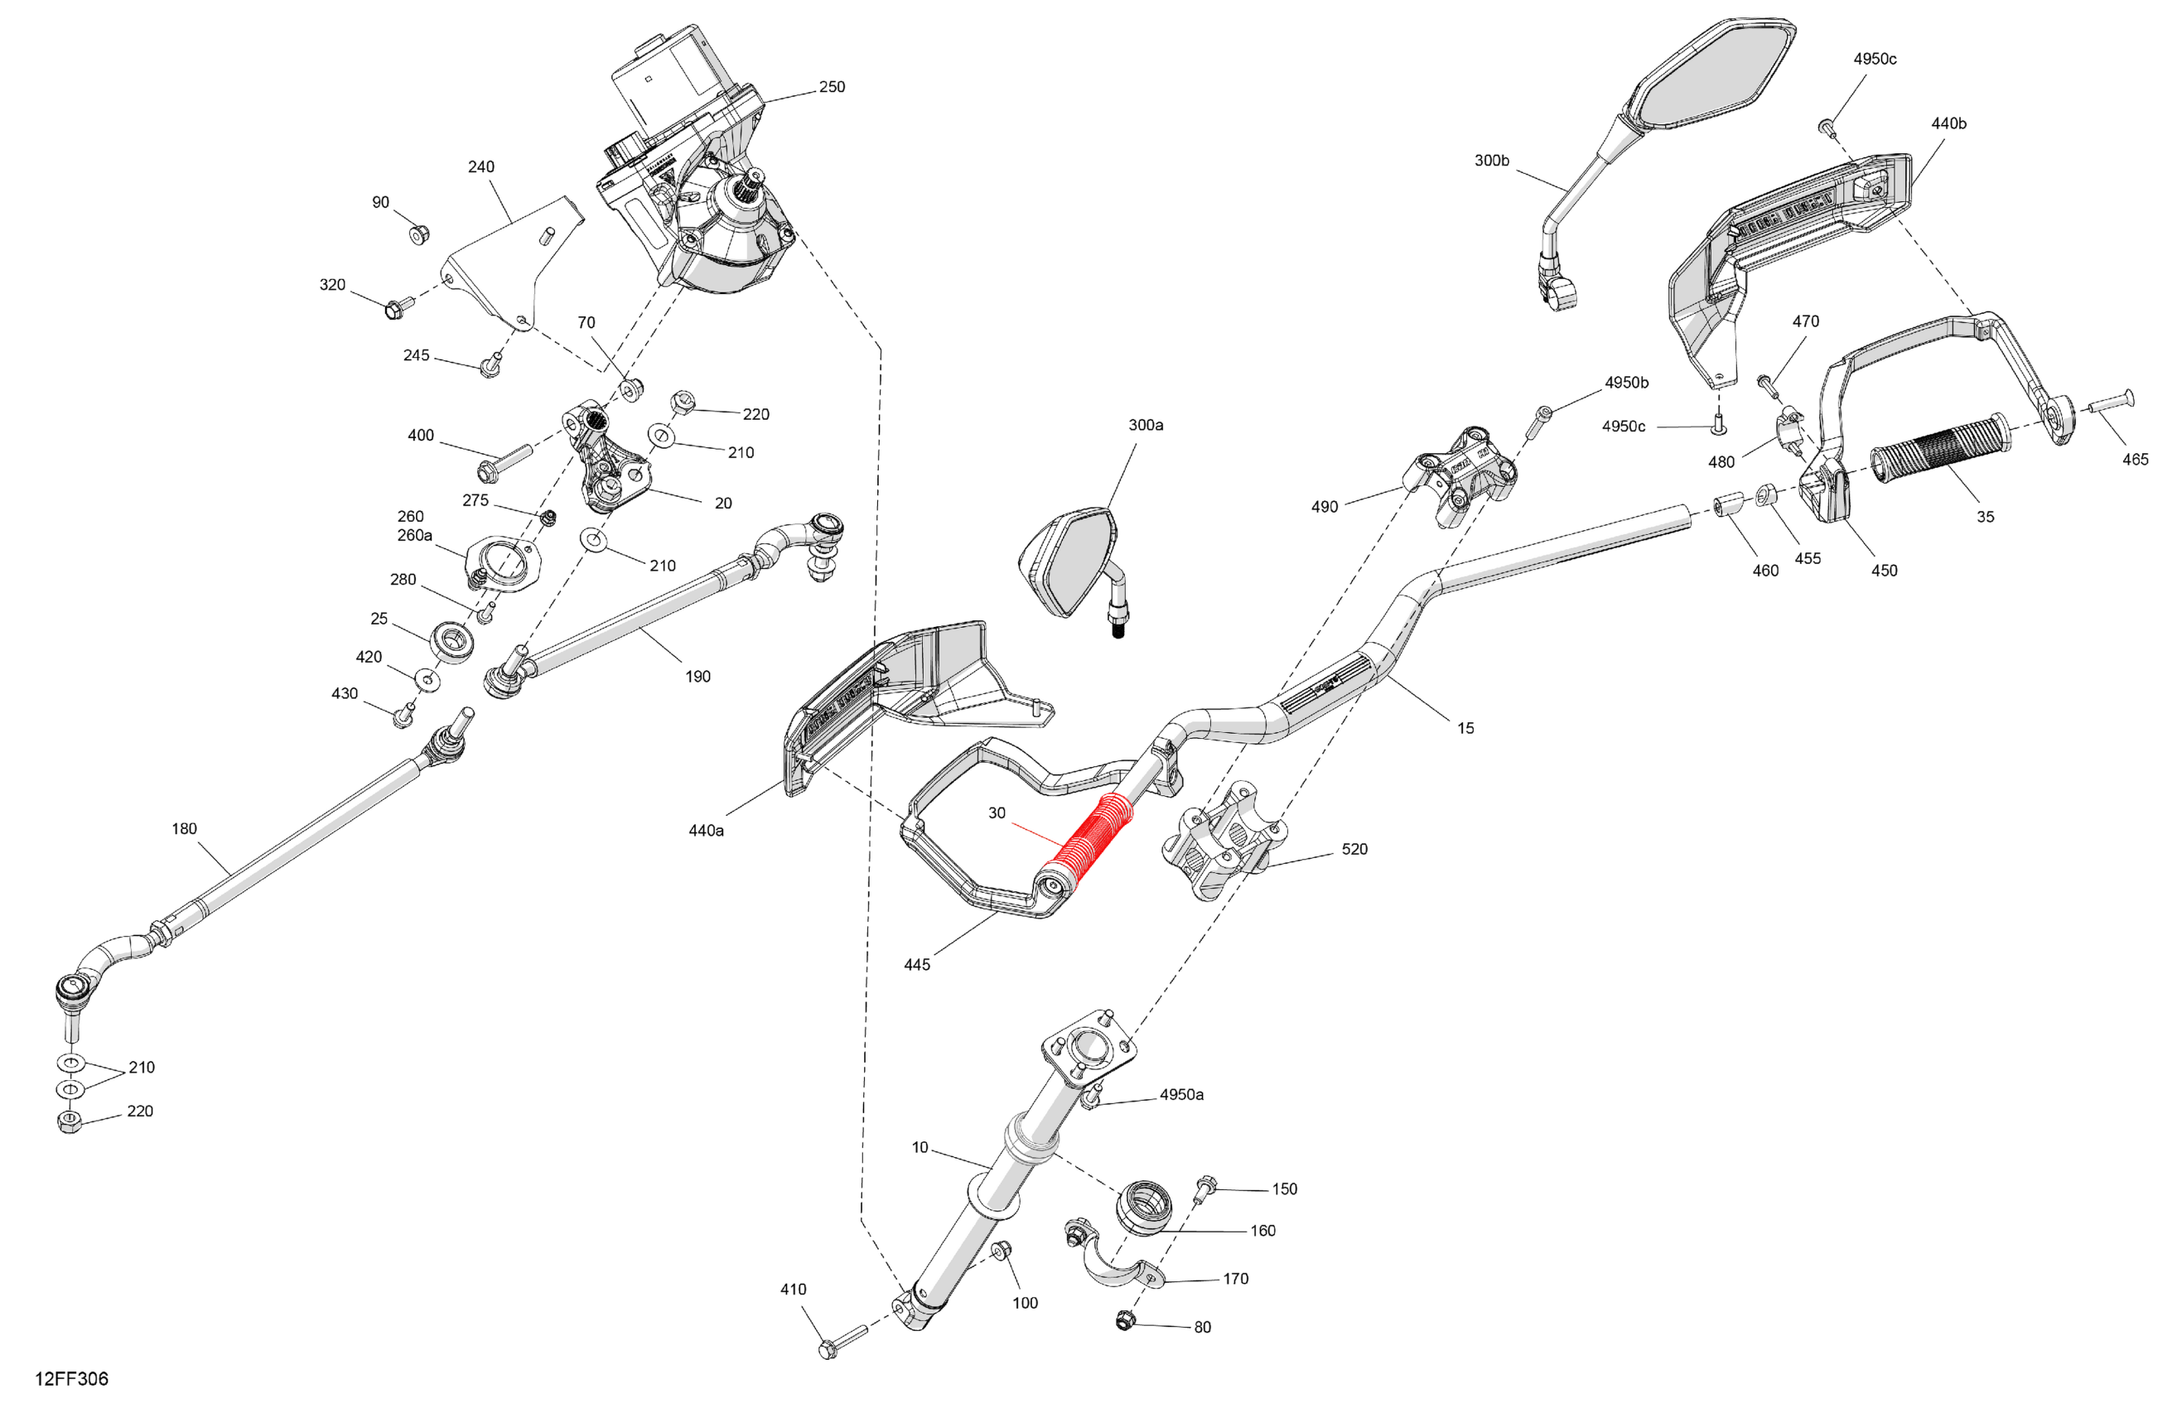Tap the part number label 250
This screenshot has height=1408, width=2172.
coord(832,87)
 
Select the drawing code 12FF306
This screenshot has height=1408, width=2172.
coord(71,1379)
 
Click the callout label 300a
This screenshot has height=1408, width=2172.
coord(1146,425)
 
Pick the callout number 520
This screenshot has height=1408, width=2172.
coord(1354,850)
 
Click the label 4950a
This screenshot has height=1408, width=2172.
coord(1181,1095)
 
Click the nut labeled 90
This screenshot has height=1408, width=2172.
coord(419,235)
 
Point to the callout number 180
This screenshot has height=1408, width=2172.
coord(185,828)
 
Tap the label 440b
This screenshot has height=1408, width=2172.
coord(1948,123)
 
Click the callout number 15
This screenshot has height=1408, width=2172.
coord(1465,728)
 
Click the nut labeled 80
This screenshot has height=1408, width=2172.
coord(1124,1319)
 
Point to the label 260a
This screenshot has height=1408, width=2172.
coord(414,536)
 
